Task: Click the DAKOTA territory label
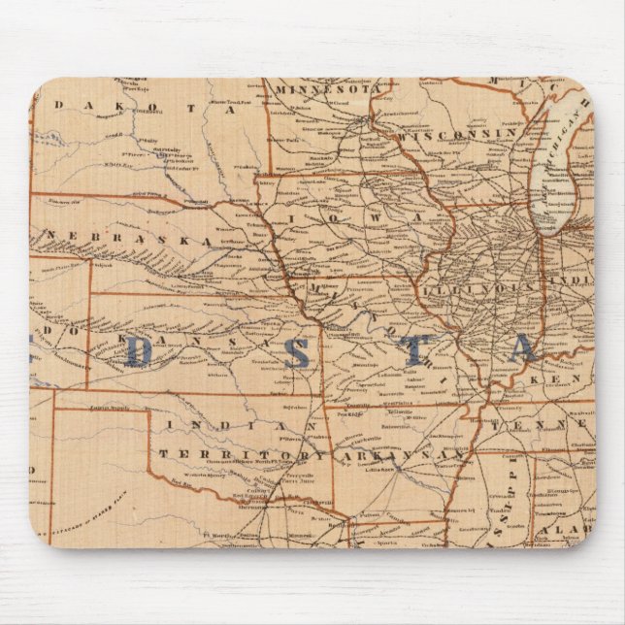(x=146, y=109)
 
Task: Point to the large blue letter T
(x=413, y=349)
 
